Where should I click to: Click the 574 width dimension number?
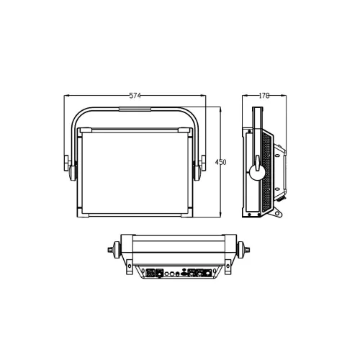pos(135,94)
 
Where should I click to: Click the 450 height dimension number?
pos(221,163)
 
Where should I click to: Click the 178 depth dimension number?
pos(264,94)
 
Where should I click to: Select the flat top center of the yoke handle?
pos(135,110)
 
